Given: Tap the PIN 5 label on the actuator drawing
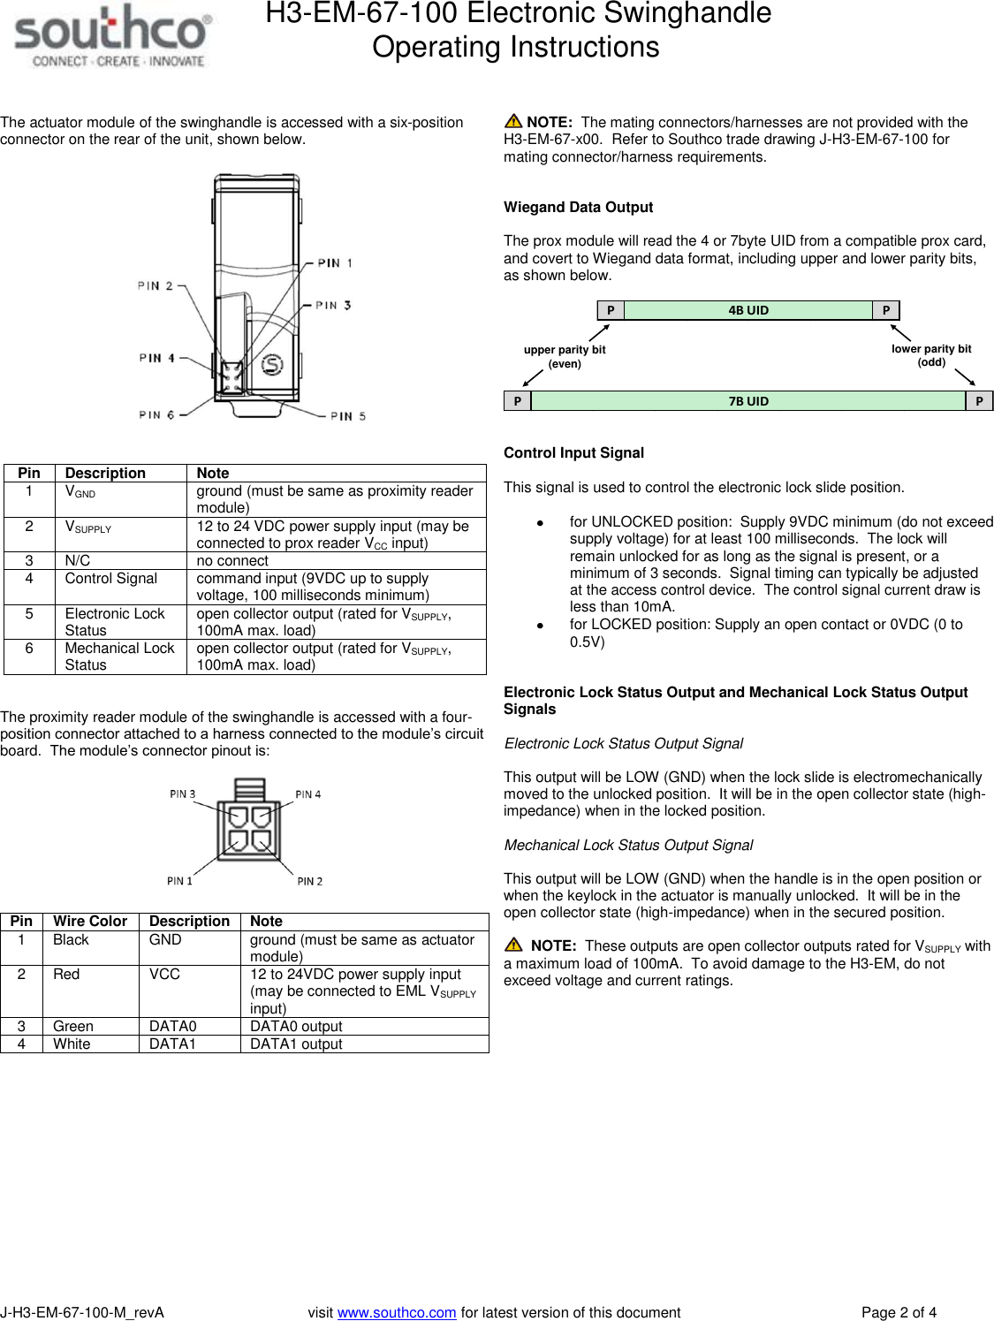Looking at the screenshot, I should [347, 416].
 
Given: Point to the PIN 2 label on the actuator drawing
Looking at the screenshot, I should [155, 285].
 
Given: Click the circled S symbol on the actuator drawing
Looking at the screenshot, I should [272, 364].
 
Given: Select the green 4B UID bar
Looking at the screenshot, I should [747, 310].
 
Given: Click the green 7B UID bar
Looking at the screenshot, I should [747, 401].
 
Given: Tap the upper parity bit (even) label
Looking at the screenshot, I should [565, 356].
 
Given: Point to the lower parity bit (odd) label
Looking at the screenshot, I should [930, 355].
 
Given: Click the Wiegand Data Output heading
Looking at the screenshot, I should [578, 207].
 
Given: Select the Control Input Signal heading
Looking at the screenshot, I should [573, 452].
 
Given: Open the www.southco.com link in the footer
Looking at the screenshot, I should [397, 1312].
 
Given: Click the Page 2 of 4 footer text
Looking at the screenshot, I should [899, 1312].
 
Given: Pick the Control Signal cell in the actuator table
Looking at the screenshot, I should [111, 579].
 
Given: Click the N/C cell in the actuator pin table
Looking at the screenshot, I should [78, 560].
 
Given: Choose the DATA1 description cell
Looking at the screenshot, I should [172, 1044].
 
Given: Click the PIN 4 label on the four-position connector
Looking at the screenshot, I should [307, 794].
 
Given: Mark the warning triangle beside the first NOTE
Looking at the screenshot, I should [513, 122].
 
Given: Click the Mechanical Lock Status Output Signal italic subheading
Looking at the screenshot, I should [628, 845].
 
